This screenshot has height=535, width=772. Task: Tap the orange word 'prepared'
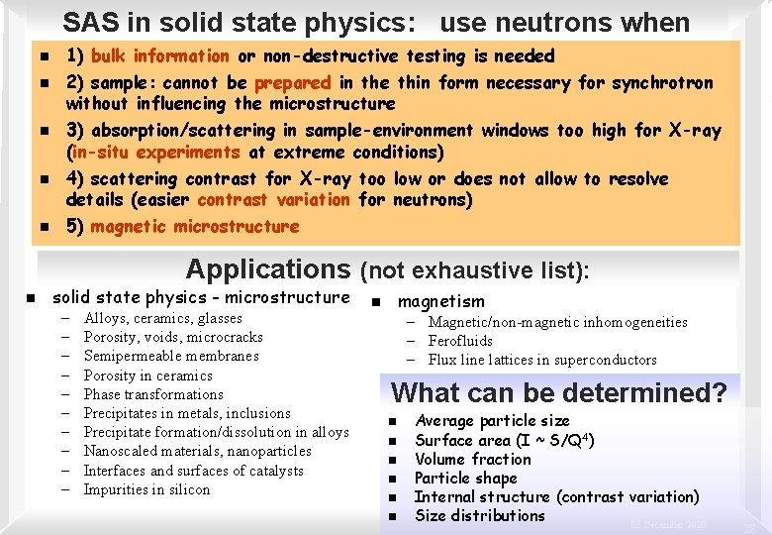(x=292, y=83)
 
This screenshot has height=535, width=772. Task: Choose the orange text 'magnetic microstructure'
(x=194, y=227)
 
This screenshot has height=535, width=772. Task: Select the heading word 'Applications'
(x=267, y=269)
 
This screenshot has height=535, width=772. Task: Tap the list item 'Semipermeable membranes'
(x=171, y=357)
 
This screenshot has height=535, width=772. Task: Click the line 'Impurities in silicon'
(x=146, y=489)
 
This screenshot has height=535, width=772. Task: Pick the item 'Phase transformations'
(x=153, y=394)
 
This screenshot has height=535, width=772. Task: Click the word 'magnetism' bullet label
(x=440, y=301)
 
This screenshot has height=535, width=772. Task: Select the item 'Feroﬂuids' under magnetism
(x=460, y=341)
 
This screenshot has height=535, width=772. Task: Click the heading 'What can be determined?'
(x=559, y=393)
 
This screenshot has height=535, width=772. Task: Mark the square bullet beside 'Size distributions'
(x=393, y=516)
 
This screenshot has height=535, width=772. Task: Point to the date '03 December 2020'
(x=670, y=524)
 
